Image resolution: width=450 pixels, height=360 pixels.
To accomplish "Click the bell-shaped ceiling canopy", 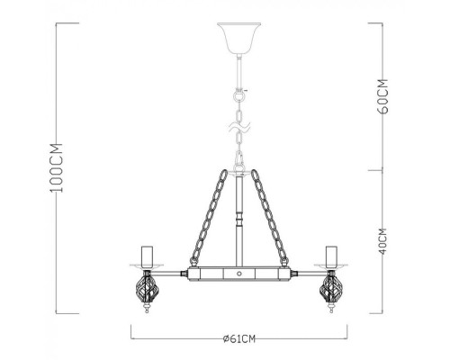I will (239, 36).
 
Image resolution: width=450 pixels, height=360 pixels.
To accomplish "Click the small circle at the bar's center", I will (239, 271).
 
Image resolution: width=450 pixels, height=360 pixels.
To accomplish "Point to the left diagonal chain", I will (203, 216).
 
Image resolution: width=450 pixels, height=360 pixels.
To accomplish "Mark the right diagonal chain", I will (275, 216).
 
